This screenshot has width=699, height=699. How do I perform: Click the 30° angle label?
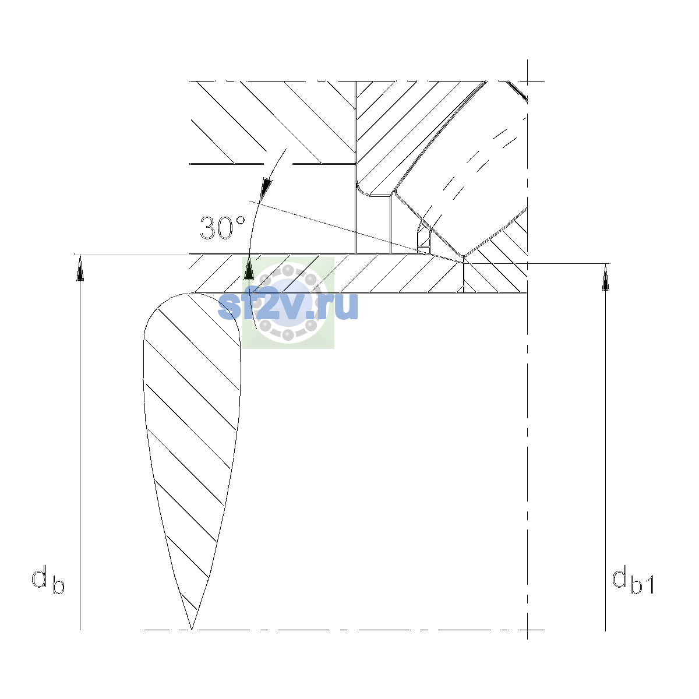tap(223, 228)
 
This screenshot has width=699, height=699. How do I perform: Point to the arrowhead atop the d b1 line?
tap(605, 277)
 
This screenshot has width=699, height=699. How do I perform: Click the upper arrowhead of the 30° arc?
tap(267, 188)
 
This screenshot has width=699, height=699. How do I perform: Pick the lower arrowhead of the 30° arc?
tap(249, 268)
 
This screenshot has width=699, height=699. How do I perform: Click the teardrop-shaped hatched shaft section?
tap(192, 417)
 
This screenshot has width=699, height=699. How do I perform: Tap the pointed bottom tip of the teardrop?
tap(191, 629)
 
